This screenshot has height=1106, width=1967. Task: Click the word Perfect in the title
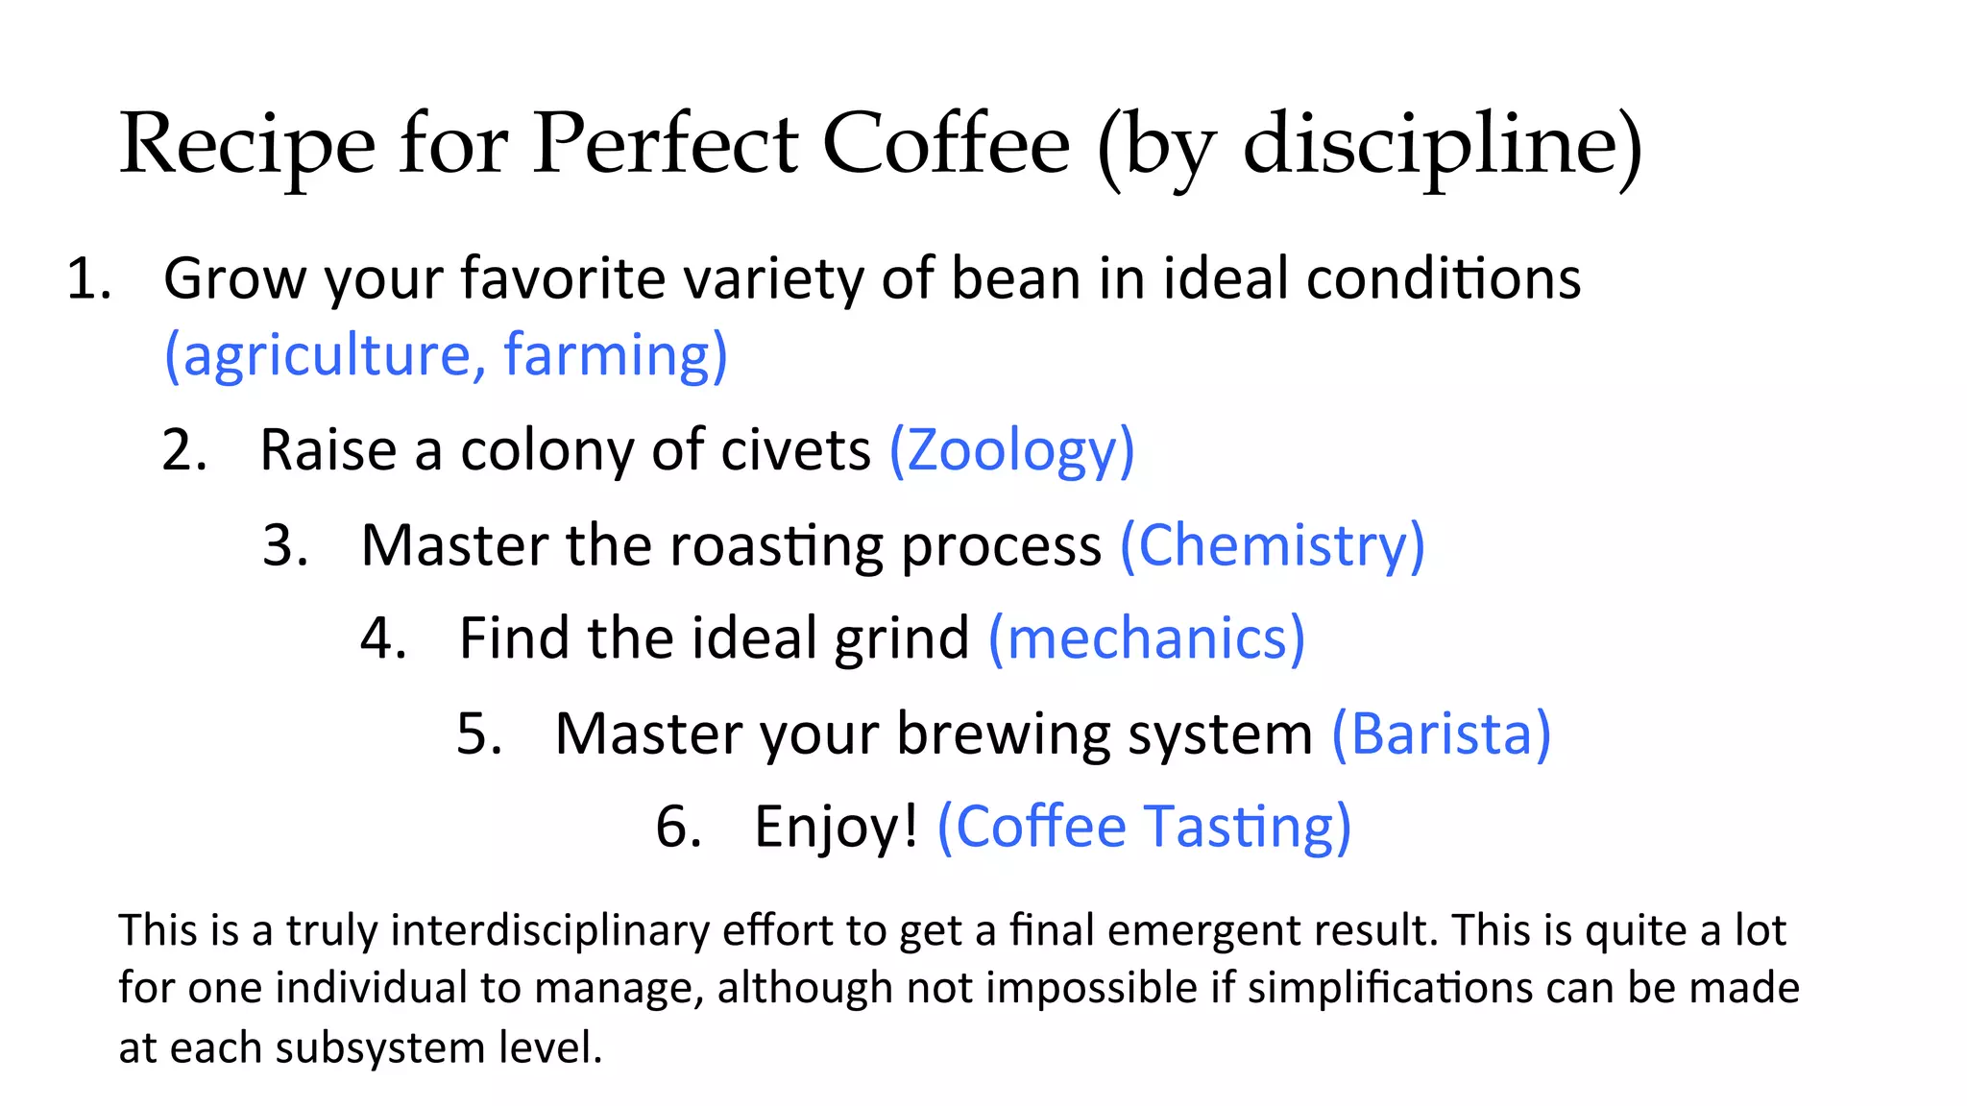click(x=665, y=144)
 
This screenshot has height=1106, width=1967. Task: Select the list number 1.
click(x=87, y=280)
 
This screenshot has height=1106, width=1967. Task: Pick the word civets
click(x=795, y=449)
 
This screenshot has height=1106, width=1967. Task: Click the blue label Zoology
click(x=1011, y=451)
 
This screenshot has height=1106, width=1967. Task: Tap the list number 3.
click(x=284, y=545)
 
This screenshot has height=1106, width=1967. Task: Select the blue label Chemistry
click(x=1272, y=545)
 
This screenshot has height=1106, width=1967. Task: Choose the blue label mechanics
click(x=1147, y=638)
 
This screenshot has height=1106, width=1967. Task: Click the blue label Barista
click(x=1441, y=733)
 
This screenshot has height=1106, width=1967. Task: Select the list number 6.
click(x=677, y=827)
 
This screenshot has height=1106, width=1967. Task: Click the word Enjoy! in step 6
click(x=836, y=827)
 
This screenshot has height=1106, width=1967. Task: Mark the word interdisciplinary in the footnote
click(x=549, y=930)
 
